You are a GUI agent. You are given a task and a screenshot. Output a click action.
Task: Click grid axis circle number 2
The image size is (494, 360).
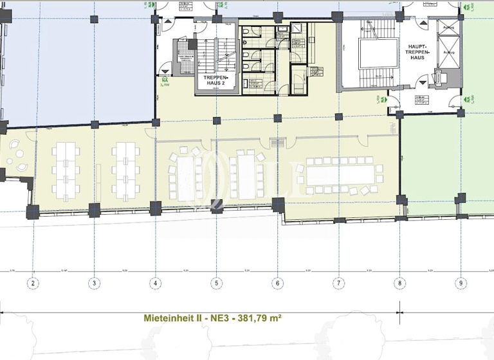33,282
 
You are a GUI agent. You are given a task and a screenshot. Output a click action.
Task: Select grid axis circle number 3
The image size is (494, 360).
94,282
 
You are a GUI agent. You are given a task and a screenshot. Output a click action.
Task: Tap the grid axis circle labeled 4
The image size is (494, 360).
155,282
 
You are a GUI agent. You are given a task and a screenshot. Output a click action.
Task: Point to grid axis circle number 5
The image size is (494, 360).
217,282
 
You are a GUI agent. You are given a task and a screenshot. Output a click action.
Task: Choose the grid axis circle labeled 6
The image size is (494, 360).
278,282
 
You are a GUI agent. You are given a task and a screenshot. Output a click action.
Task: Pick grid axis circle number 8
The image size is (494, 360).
400,282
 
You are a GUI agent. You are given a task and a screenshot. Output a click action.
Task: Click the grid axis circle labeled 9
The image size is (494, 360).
461,282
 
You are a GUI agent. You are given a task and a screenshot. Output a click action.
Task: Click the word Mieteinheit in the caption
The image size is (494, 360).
168,318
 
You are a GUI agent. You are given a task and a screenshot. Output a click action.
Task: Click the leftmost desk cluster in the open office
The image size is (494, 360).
66,170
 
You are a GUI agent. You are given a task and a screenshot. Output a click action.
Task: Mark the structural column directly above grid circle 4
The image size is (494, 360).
155,208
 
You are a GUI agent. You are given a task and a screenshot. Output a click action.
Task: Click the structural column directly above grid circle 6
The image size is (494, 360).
278,205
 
